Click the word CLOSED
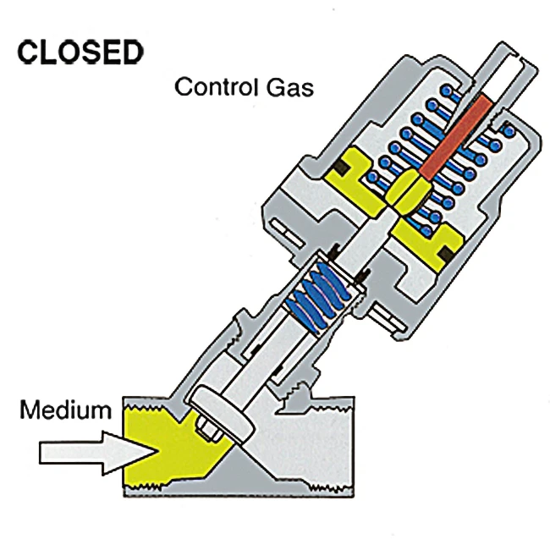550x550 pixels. click(x=80, y=52)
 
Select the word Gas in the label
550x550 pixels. click(x=291, y=87)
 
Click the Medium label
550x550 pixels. click(x=66, y=411)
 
